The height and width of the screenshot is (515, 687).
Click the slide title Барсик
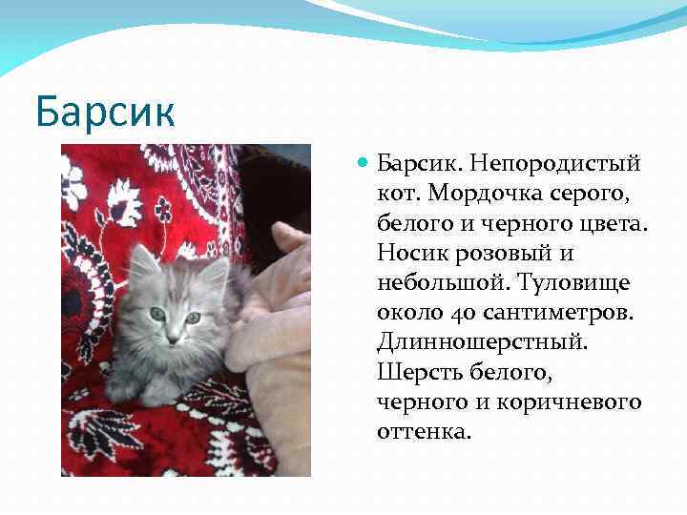(x=105, y=111)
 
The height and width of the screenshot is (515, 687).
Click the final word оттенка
(x=424, y=432)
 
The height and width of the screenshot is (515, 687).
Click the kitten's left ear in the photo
(x=143, y=260)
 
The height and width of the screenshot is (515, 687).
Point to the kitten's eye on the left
(x=157, y=313)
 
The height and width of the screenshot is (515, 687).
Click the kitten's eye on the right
(x=194, y=318)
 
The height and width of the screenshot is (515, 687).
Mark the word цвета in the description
(x=614, y=224)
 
